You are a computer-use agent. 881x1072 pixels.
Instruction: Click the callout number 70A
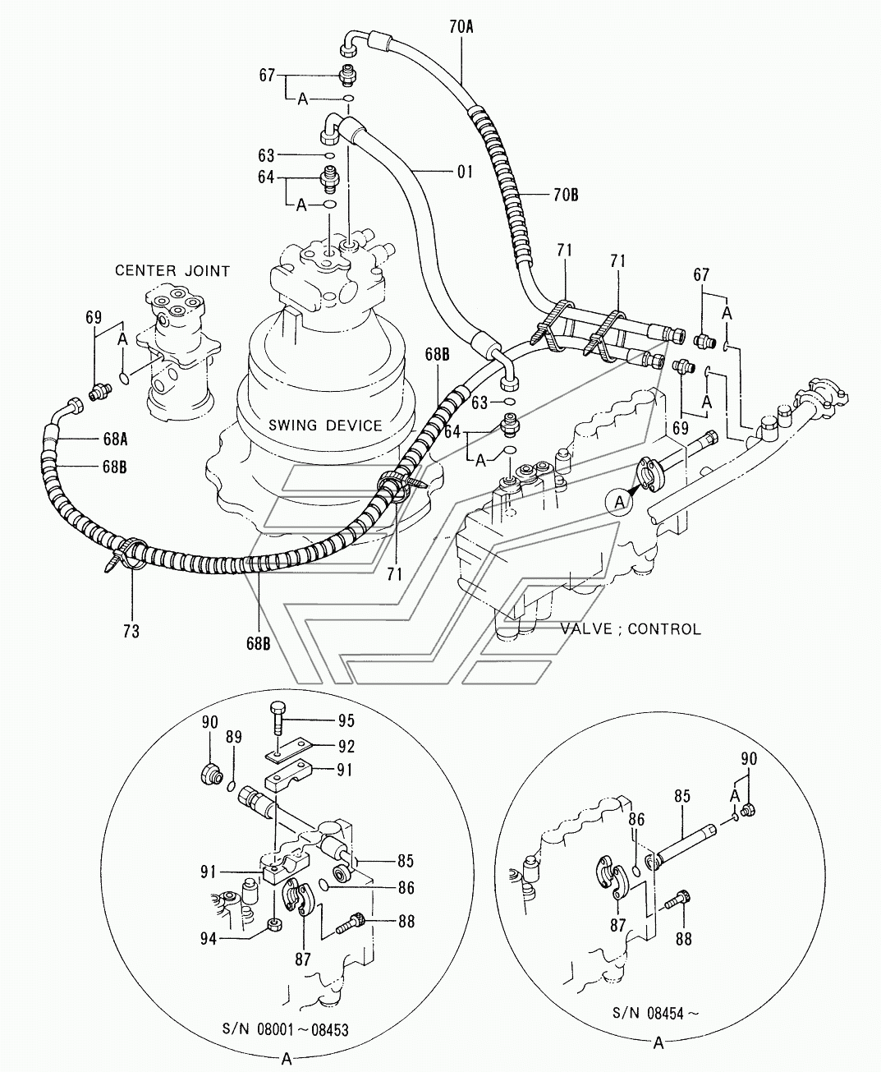(461, 27)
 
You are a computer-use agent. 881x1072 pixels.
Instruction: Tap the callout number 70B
(566, 196)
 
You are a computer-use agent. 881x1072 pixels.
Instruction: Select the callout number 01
(465, 172)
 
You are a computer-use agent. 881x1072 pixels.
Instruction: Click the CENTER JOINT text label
(172, 271)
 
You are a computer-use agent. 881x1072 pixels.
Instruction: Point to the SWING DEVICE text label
(325, 426)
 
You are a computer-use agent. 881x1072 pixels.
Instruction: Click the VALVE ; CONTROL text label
(631, 628)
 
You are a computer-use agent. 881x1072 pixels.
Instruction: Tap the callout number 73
(131, 631)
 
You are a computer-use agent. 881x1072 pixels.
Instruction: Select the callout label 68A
(115, 439)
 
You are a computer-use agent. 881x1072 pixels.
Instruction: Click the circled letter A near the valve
(619, 502)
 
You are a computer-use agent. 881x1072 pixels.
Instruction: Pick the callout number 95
(346, 720)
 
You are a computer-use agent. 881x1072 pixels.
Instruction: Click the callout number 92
(346, 747)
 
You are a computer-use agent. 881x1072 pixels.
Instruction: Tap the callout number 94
(209, 938)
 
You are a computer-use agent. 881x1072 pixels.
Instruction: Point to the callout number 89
(234, 737)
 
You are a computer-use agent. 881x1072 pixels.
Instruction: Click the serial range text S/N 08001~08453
(286, 1030)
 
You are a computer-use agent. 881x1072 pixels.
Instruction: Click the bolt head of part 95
(278, 709)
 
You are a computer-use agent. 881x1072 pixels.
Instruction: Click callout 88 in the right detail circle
(684, 939)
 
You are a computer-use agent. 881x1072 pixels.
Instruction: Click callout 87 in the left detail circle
(303, 959)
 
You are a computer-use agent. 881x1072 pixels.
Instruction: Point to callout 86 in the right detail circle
(636, 819)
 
